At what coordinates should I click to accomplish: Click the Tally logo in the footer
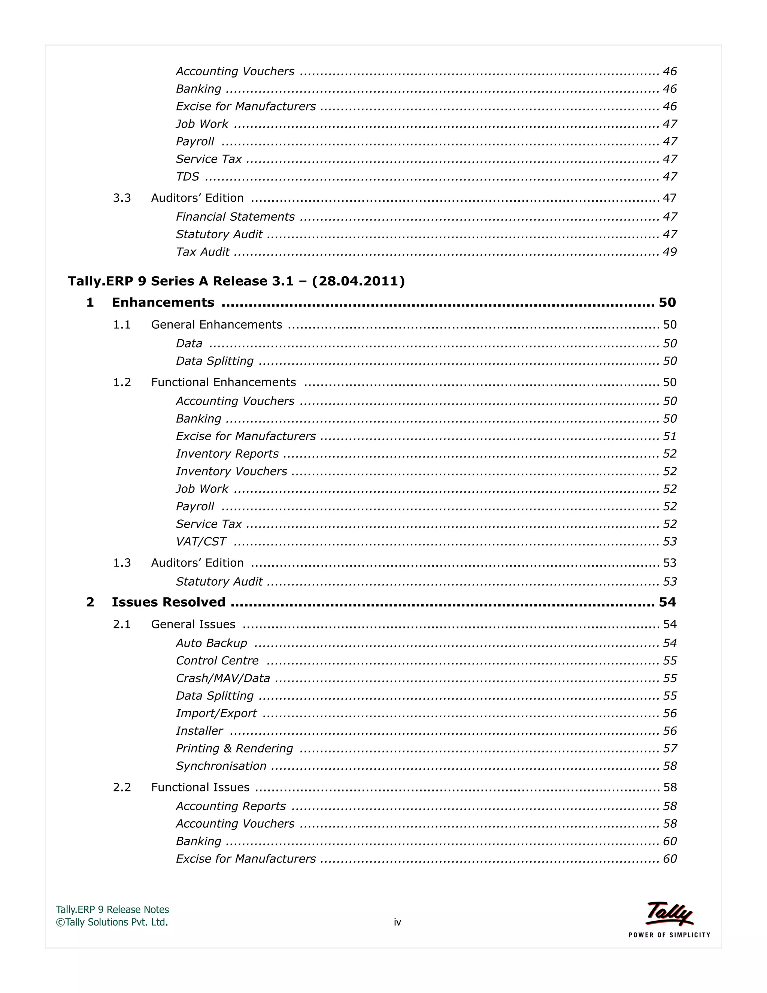click(x=669, y=915)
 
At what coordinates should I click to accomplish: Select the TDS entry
click(x=188, y=176)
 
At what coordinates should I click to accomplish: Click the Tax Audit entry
click(x=203, y=252)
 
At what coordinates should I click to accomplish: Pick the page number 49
click(x=669, y=252)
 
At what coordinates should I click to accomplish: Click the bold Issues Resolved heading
click(x=169, y=602)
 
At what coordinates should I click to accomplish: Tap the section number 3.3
click(x=122, y=198)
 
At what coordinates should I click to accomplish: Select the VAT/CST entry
click(x=201, y=541)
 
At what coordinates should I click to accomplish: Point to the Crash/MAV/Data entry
click(x=223, y=678)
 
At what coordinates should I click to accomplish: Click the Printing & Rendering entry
click(x=234, y=748)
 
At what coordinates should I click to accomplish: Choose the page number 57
click(x=669, y=748)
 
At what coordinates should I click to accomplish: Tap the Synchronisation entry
click(x=221, y=766)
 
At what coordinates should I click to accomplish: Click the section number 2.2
click(x=122, y=788)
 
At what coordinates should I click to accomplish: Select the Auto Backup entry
click(x=212, y=643)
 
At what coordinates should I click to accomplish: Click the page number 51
click(x=669, y=437)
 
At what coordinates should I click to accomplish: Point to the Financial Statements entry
click(x=235, y=217)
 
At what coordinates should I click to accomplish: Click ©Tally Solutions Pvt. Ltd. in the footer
click(x=112, y=922)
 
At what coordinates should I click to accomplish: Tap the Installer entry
click(x=200, y=731)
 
